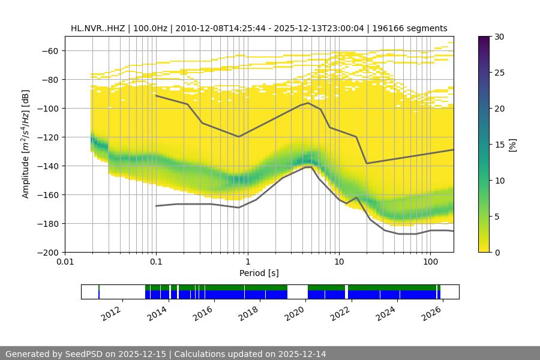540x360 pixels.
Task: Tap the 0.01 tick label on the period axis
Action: coord(65,262)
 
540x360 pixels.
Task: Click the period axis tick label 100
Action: coord(430,262)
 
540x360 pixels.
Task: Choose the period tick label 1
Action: coord(247,262)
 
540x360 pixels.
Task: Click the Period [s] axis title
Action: coord(259,273)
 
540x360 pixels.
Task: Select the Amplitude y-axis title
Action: coord(26,144)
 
